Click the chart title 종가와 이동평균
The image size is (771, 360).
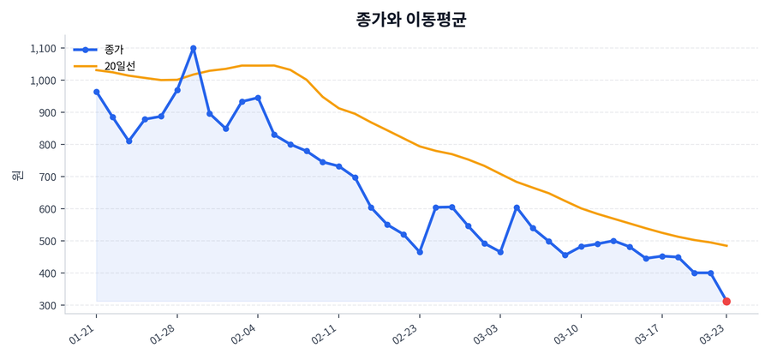(410, 20)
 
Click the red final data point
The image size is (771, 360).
(726, 302)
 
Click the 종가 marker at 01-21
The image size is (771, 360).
(96, 92)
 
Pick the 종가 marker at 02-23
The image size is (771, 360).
(420, 252)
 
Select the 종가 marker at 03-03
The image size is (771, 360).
(500, 252)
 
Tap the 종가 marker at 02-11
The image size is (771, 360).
(339, 166)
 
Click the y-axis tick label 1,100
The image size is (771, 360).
(43, 49)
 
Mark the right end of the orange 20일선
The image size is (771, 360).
(726, 246)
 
